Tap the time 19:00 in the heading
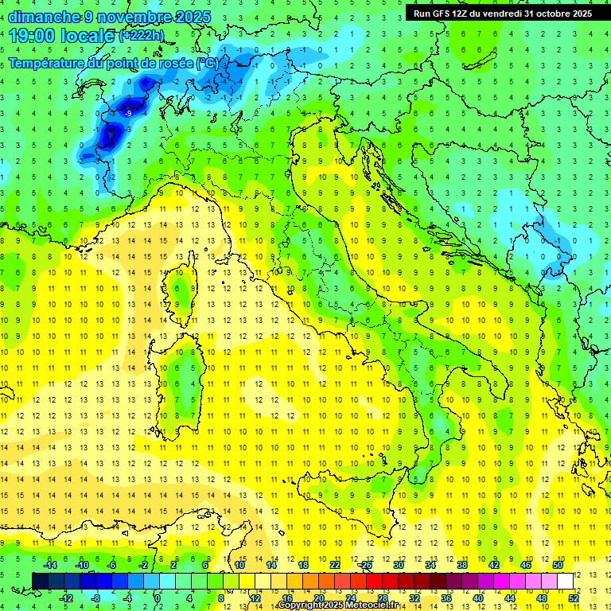32,35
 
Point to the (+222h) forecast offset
142,36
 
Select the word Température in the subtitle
50,63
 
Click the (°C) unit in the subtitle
206,63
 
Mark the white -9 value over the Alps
127,114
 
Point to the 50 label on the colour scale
558,565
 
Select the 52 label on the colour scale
573,598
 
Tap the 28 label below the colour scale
383,598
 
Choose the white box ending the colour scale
565,581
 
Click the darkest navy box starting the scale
41,581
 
